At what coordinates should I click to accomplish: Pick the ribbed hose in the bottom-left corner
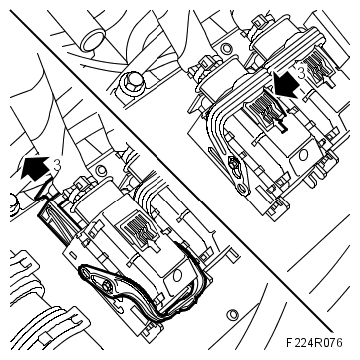coord(30,325)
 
